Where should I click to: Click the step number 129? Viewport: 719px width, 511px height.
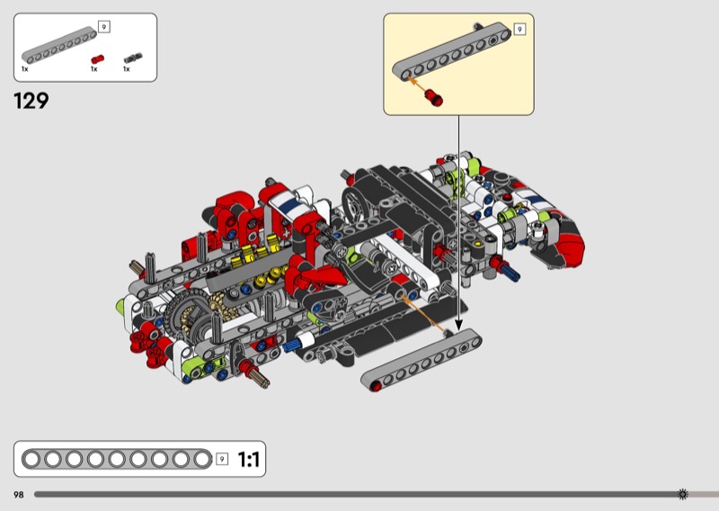tap(31, 101)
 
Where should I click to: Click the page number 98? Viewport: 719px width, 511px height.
tap(19, 495)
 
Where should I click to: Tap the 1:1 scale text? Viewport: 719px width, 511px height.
tap(249, 459)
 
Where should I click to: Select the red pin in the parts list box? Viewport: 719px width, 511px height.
tap(97, 59)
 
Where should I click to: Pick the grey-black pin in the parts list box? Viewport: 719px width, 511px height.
tap(133, 58)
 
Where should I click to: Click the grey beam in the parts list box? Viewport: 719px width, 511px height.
tap(59, 45)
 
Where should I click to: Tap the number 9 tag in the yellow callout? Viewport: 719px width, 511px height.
tap(519, 30)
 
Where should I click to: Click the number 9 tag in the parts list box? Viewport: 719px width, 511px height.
tap(104, 27)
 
